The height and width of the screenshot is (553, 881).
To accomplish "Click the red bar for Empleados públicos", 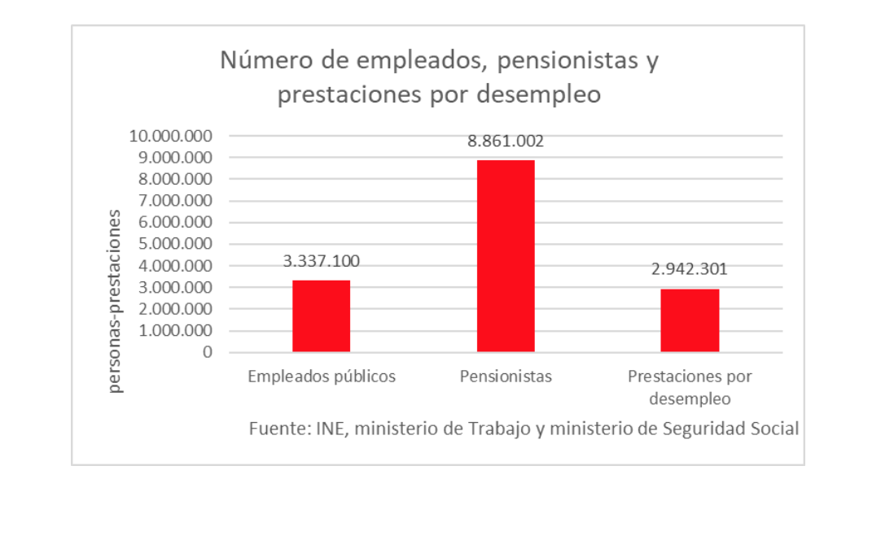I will coord(321,316).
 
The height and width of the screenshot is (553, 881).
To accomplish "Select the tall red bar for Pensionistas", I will coord(505,255).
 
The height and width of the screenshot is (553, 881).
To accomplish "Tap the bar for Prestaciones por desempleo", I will coord(690,320).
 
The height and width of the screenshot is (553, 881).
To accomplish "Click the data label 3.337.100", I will coord(321,261).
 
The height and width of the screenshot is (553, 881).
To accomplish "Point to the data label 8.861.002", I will coord(505,142).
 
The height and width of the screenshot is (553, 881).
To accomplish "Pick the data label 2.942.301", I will coord(689,269).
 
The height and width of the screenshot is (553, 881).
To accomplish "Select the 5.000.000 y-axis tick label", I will coord(175,244).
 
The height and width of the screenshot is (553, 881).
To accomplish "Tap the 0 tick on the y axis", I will coord(208,352).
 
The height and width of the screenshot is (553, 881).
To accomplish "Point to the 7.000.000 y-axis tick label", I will coord(175,201).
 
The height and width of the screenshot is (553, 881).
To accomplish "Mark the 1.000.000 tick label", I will coord(175,331).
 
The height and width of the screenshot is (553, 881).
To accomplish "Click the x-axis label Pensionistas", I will coord(506,377).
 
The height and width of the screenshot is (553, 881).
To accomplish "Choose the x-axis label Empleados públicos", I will coord(322,377).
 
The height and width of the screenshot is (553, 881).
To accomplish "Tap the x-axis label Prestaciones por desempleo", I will coord(690,387).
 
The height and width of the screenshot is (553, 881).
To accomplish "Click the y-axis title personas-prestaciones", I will coord(116,301).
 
